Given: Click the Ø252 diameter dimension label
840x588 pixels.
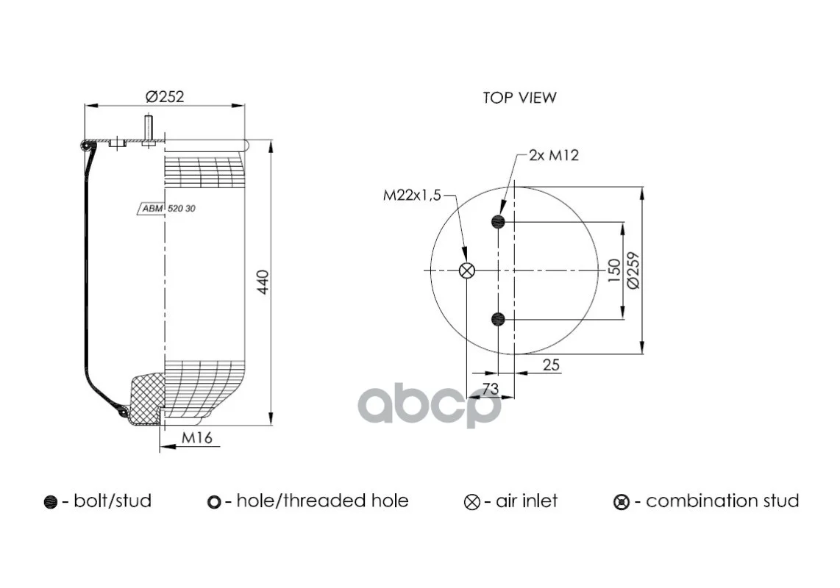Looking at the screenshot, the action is pyautogui.click(x=165, y=96).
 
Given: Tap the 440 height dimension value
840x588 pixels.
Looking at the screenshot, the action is pyautogui.click(x=263, y=282).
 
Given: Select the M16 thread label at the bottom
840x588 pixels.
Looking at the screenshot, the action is pyautogui.click(x=197, y=437).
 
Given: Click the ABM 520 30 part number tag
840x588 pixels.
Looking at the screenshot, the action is pyautogui.click(x=167, y=208).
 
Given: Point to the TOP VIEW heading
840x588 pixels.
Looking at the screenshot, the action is pyautogui.click(x=519, y=98).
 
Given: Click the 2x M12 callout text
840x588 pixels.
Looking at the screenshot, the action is pyautogui.click(x=554, y=155).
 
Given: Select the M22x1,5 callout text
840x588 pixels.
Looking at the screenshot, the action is pyautogui.click(x=412, y=196).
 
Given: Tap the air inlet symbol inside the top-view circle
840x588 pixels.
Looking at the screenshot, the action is pyautogui.click(x=467, y=270).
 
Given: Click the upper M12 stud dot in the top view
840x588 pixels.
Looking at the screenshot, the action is pyautogui.click(x=498, y=221).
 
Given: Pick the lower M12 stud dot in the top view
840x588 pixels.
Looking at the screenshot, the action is pyautogui.click(x=498, y=320).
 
